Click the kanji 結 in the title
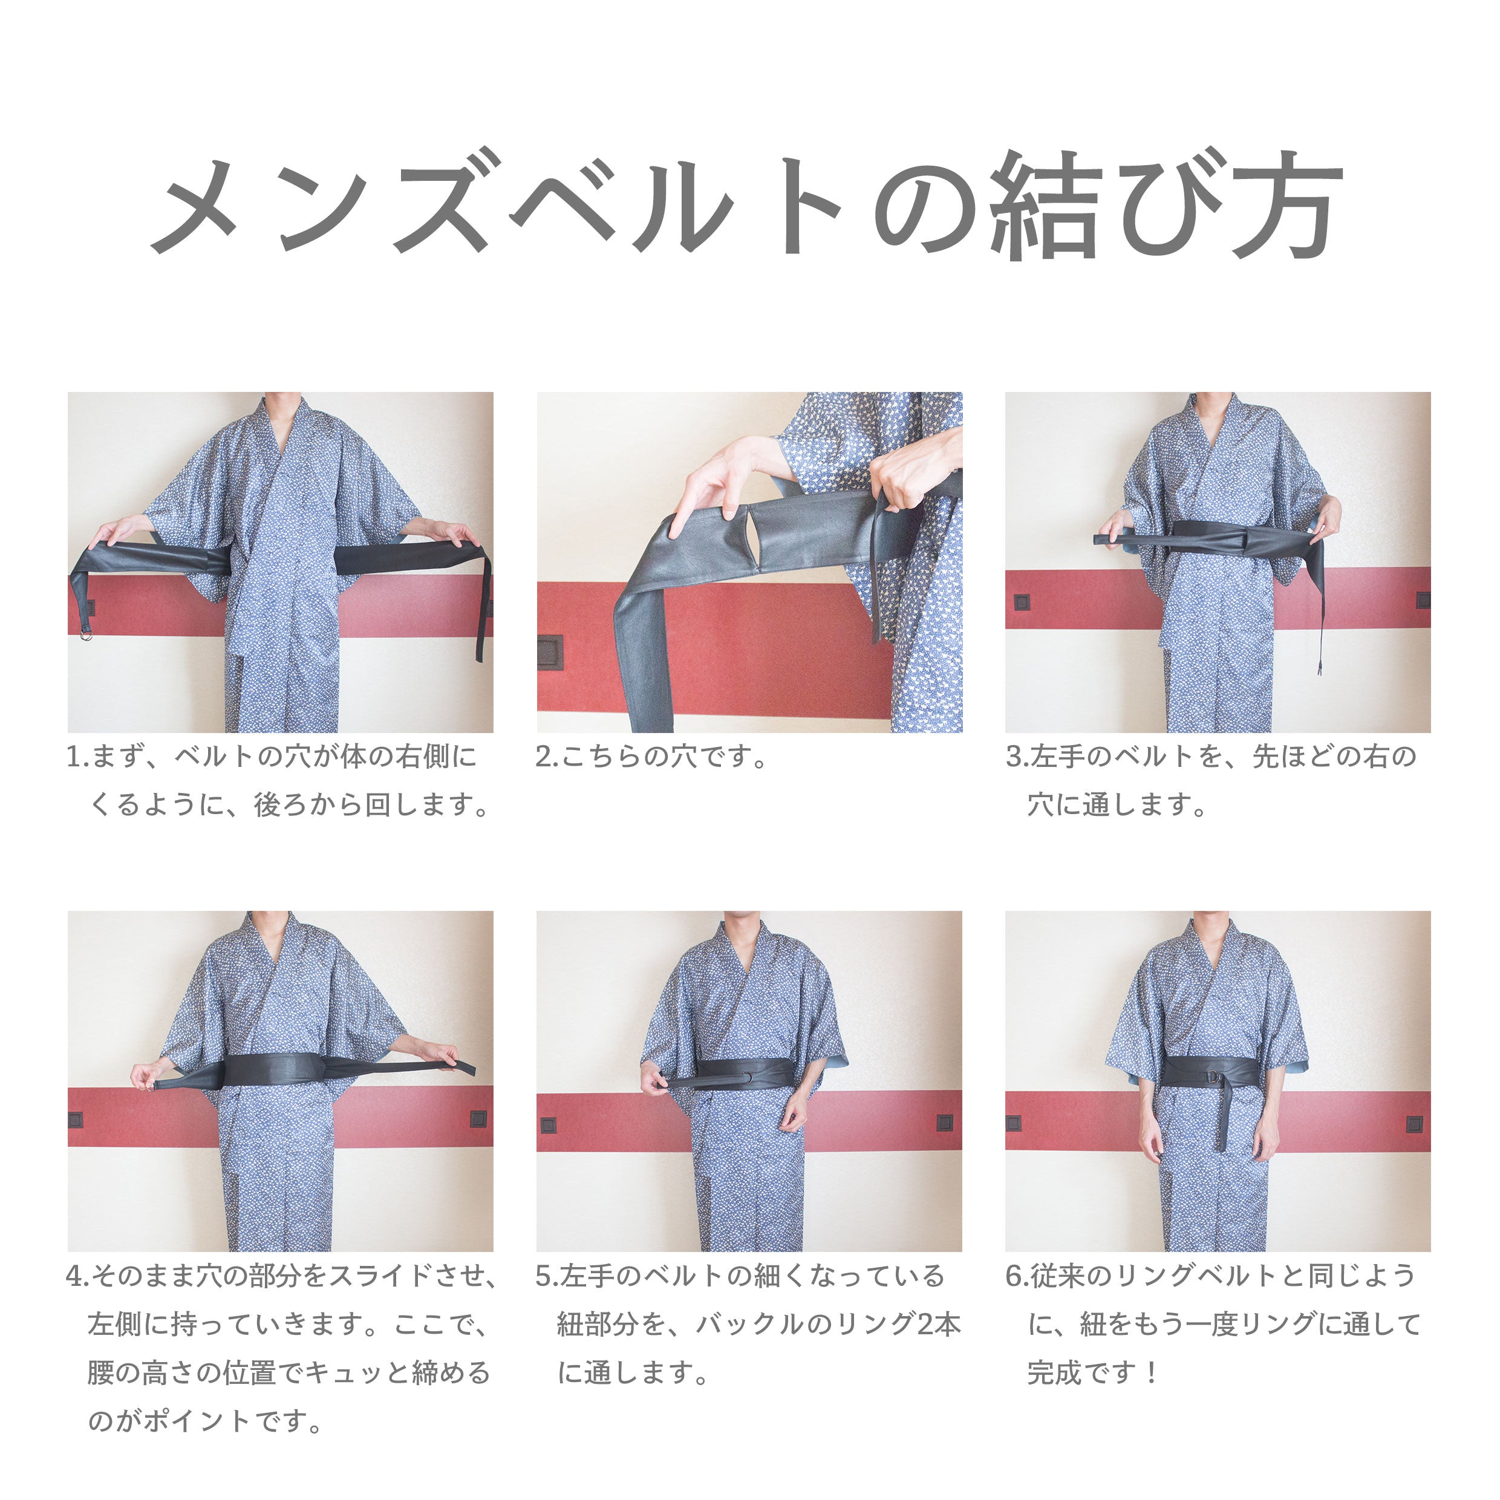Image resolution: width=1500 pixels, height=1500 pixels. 1043,206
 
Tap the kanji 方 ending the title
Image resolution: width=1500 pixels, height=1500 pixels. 1286,206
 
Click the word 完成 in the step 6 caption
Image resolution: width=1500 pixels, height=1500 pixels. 1054,1372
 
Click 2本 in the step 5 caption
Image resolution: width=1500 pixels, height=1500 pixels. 939,1324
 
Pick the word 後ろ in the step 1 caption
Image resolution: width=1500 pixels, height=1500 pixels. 282,805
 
